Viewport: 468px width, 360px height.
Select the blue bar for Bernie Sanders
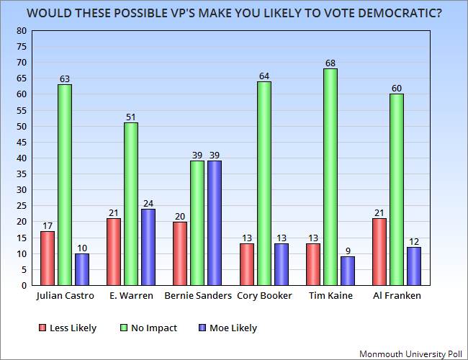(x=214, y=223)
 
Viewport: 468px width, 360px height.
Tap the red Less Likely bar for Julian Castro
(x=48, y=258)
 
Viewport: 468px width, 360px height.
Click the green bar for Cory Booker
(x=264, y=184)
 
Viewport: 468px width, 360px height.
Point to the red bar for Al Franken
(x=379, y=251)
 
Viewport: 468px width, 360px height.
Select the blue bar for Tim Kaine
(x=347, y=271)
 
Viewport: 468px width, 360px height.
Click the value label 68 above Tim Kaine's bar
(x=330, y=63)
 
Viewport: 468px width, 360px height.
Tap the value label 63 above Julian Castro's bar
(x=64, y=79)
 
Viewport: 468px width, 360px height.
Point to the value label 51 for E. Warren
(x=131, y=117)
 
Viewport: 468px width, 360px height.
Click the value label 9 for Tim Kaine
(x=347, y=251)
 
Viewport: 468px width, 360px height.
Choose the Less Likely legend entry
(x=68, y=328)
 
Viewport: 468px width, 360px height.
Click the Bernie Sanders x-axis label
(x=197, y=297)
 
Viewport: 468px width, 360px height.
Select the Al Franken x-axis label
(x=396, y=297)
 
